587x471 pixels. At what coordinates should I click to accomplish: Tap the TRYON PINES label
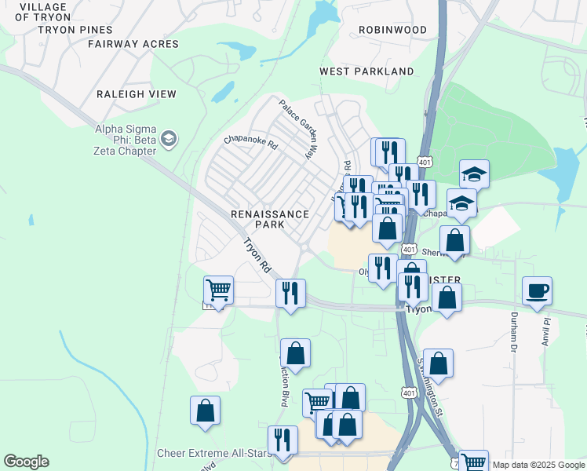pyautogui.click(x=75, y=30)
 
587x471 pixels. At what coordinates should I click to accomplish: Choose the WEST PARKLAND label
pyautogui.click(x=366, y=71)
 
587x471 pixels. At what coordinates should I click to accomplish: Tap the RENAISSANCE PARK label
pyautogui.click(x=268, y=219)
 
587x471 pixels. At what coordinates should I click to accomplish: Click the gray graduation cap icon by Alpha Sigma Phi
pyautogui.click(x=169, y=139)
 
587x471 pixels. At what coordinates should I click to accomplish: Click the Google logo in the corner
pyautogui.click(x=26, y=462)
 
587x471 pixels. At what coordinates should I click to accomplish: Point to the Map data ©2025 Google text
pyautogui.click(x=538, y=465)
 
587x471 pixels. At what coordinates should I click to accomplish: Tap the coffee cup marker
pyautogui.click(x=538, y=290)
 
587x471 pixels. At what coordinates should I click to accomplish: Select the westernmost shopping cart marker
pyautogui.click(x=218, y=290)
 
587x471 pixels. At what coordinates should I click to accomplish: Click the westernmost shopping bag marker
pyautogui.click(x=205, y=410)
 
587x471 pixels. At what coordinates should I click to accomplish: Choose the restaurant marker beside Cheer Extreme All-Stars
pyautogui.click(x=283, y=440)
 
